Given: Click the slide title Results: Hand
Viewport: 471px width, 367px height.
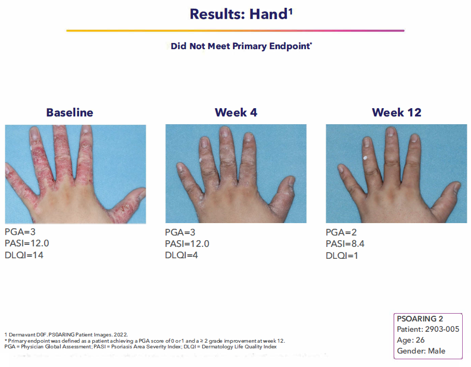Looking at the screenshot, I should (235, 14).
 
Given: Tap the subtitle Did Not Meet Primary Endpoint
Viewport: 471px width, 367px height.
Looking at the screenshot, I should (241, 46).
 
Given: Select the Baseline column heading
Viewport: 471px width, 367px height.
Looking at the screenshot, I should (70, 112).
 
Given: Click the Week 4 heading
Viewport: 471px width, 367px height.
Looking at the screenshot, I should (235, 112).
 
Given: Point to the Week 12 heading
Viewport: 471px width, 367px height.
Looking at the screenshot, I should (396, 112).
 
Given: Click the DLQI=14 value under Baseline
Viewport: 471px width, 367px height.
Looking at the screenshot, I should (24, 255).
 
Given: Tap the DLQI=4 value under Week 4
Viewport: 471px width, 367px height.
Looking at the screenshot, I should (182, 255).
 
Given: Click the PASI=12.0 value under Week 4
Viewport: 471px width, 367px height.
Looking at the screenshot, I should (187, 244).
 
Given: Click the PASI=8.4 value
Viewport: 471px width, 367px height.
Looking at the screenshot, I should (345, 244).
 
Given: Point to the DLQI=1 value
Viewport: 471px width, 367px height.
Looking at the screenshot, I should (342, 255).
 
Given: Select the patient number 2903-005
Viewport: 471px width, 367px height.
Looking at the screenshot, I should (441, 329).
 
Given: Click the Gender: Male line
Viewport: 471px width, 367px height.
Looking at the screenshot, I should (421, 351).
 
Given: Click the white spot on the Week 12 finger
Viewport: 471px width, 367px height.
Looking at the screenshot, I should (367, 158).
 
